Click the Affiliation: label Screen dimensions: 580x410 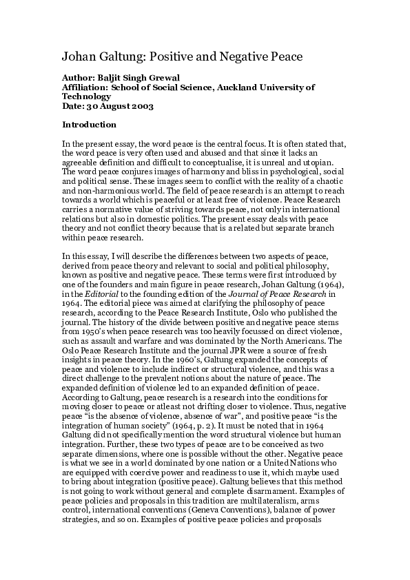tap(89, 88)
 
